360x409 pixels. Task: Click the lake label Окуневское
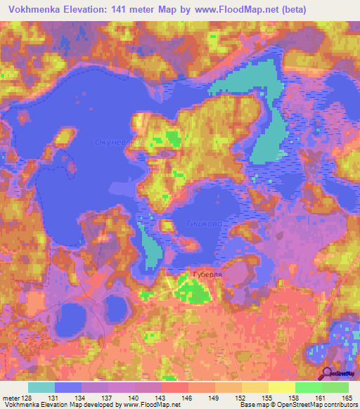point(120,143)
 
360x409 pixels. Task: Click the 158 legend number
point(283,398)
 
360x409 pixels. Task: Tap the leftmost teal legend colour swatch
point(41,387)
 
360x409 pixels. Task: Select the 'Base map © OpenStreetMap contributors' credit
point(296,405)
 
